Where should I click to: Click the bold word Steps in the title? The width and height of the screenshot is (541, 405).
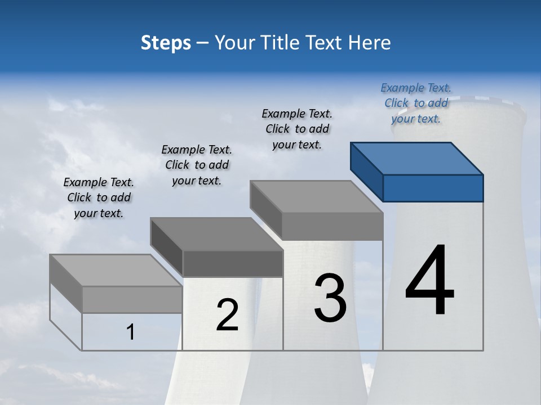(166, 43)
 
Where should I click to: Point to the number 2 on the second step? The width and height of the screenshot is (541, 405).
(228, 315)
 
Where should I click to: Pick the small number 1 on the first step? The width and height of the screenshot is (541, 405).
(131, 332)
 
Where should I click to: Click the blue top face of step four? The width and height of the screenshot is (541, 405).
(417, 158)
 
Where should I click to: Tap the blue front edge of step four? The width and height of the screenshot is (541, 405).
(433, 188)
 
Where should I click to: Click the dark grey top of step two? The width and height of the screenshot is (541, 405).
(216, 233)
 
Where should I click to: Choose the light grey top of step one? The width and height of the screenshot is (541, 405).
(116, 270)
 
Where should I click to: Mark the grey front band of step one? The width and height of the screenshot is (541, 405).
(132, 299)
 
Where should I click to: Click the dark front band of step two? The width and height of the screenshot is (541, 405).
(232, 263)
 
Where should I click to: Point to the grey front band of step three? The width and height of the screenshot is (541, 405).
(332, 226)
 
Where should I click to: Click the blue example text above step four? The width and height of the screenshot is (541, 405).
(416, 103)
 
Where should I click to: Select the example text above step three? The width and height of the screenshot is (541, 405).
(297, 129)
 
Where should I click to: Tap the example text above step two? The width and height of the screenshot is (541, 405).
(197, 165)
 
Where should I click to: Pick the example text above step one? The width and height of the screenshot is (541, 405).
(99, 197)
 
